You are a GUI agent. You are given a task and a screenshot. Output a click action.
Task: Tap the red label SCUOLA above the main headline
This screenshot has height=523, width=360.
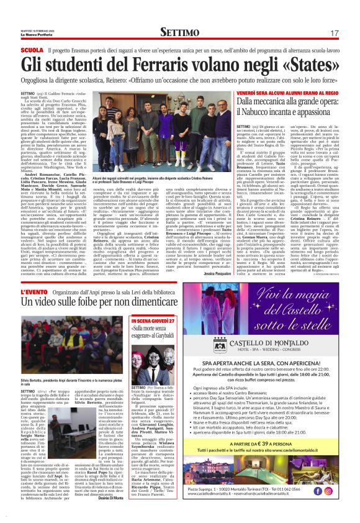pyautogui.click(x=32, y=50)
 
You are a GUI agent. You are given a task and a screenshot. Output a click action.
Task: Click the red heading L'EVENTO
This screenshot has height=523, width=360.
pyautogui.click(x=35, y=291)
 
